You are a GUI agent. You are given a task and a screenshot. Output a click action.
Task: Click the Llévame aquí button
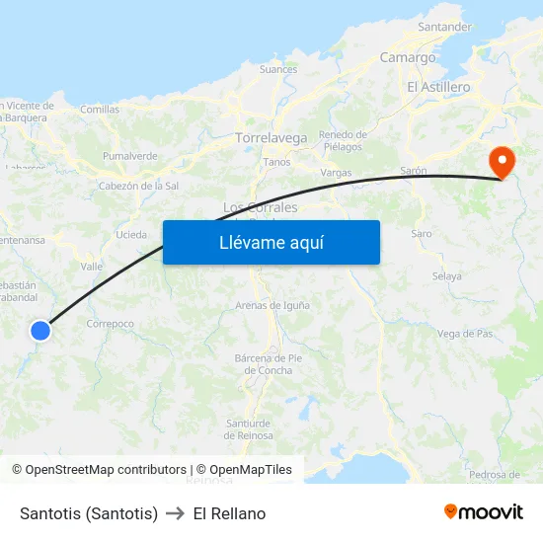(x=271, y=242)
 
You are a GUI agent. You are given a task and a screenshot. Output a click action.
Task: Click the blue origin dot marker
(x=40, y=331)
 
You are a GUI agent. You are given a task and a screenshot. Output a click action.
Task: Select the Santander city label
(x=444, y=27)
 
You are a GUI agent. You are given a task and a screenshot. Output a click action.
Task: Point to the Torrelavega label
(x=271, y=138)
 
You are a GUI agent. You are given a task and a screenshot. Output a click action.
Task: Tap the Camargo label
(x=408, y=57)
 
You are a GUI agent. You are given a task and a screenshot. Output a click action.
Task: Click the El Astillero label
(x=438, y=87)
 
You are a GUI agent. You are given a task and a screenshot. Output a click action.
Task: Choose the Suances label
(x=277, y=69)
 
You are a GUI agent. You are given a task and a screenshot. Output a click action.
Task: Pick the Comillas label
(x=99, y=110)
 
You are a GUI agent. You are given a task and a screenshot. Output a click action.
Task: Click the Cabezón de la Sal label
(x=138, y=186)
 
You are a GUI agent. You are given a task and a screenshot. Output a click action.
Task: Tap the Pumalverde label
(x=130, y=156)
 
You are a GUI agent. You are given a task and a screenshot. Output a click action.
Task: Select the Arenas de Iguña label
(x=271, y=305)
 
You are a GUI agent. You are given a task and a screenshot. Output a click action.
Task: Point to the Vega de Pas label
(x=464, y=334)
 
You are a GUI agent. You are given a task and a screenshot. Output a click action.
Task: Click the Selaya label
(x=446, y=276)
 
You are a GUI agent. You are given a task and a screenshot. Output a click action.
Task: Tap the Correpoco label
(x=110, y=323)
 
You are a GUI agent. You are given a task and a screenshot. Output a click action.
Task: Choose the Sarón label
(x=413, y=171)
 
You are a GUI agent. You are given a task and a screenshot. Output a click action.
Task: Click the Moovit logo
(x=483, y=511)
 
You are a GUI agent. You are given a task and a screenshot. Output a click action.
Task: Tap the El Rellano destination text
(x=229, y=513)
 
